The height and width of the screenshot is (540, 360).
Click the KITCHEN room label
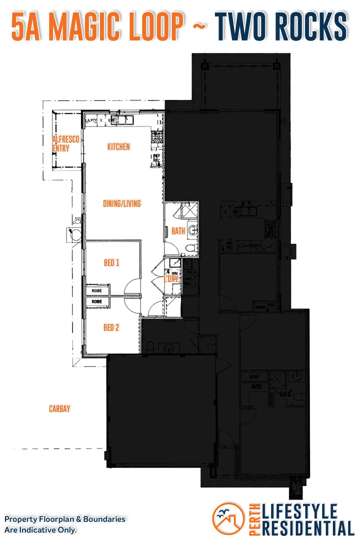(x=118, y=146)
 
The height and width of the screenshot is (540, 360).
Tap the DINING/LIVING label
(x=121, y=203)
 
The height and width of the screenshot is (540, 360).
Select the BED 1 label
(x=111, y=262)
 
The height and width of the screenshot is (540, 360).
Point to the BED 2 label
(x=111, y=327)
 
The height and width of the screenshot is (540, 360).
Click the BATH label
(x=178, y=231)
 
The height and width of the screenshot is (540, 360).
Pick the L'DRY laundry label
(x=171, y=279)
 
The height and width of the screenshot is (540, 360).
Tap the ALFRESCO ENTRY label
(x=65, y=144)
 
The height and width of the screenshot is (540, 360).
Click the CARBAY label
(x=59, y=409)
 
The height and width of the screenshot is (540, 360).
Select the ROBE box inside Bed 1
(x=97, y=290)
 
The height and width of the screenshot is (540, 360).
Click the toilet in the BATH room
(x=189, y=248)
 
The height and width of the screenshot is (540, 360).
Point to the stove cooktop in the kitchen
(x=157, y=135)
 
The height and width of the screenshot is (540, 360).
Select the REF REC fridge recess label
(x=156, y=158)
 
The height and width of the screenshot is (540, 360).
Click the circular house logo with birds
(x=228, y=518)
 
